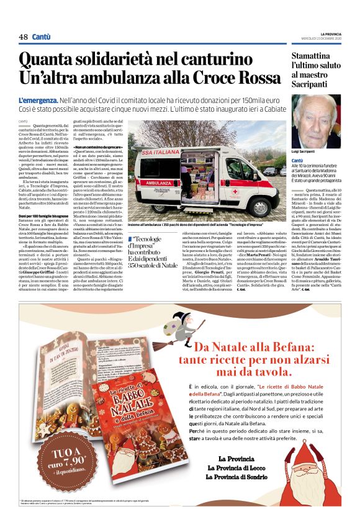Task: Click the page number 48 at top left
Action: tap(23, 37)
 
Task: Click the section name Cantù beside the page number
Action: tap(42, 37)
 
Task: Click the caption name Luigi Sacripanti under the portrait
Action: tap(305, 151)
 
